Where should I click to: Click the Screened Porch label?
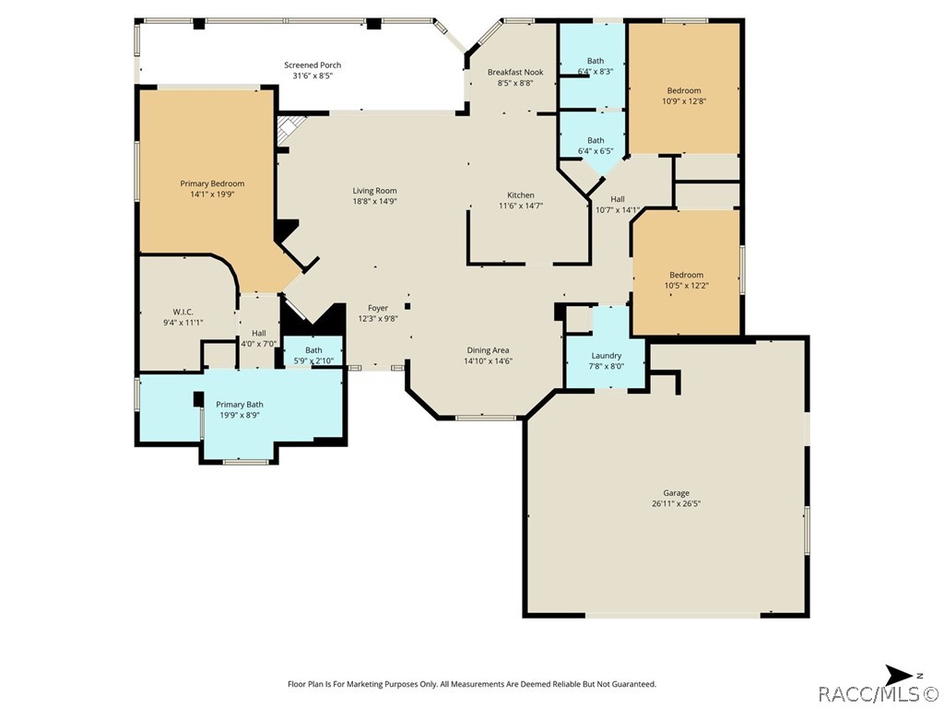coord(313,65)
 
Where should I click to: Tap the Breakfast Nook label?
coord(515,72)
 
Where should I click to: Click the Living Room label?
coord(374,191)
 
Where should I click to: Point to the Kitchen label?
coord(521,195)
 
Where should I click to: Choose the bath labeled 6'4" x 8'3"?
coord(596,66)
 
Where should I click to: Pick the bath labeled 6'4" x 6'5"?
coord(596,146)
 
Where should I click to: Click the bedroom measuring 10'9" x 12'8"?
coord(684,96)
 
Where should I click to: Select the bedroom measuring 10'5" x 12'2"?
coord(686,280)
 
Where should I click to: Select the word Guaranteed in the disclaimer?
coord(631,684)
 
